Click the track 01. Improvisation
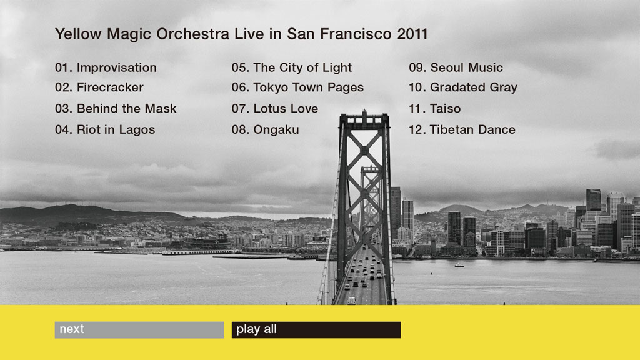(106, 67)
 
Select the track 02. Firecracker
(99, 87)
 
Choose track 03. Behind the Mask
(116, 109)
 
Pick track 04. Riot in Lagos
(105, 130)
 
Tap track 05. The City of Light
(291, 67)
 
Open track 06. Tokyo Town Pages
(297, 87)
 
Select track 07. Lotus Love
(275, 109)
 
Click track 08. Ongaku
(265, 130)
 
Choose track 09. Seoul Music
(456, 67)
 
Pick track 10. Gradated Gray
(463, 87)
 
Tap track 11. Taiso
(435, 109)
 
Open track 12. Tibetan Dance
(462, 130)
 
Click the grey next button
(139, 330)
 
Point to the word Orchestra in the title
(193, 34)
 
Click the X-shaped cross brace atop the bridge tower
(364, 150)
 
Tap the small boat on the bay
(459, 265)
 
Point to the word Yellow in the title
(78, 34)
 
